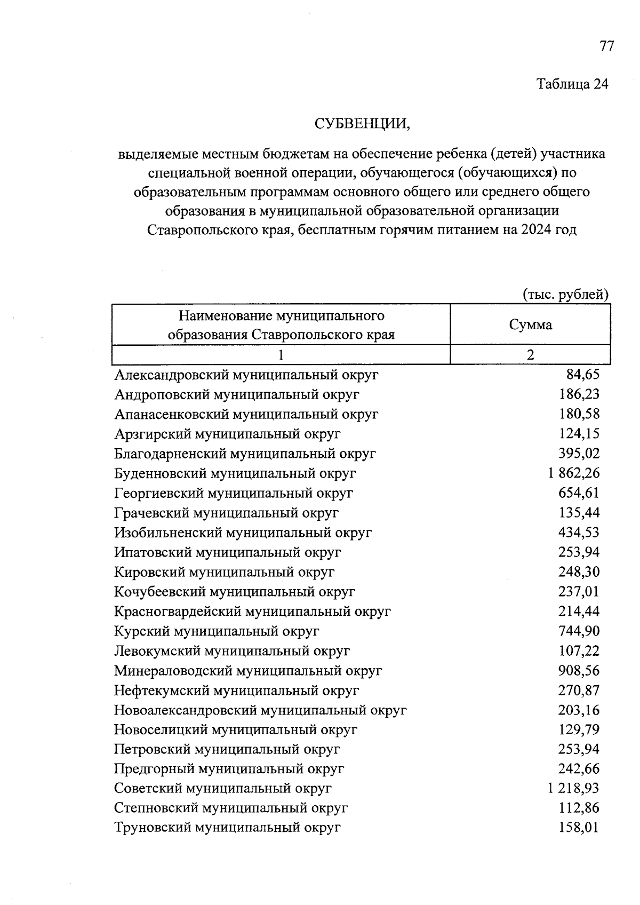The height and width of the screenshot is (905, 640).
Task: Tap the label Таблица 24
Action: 572,84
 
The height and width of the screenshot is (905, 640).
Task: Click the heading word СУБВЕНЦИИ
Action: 362,124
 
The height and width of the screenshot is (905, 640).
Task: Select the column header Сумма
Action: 530,325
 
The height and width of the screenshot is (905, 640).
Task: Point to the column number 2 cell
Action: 530,355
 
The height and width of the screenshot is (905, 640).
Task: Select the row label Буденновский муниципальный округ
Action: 235,473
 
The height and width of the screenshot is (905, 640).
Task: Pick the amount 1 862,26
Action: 573,473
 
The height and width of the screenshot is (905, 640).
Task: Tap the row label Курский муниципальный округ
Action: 217,631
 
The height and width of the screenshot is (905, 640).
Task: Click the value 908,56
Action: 579,671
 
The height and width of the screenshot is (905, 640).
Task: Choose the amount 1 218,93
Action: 573,789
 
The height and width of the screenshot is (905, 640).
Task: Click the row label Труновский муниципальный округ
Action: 227,828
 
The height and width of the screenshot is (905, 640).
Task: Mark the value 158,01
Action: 579,828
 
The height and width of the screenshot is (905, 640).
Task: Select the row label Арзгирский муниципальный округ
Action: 227,434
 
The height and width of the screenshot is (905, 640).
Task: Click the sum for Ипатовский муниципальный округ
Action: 579,552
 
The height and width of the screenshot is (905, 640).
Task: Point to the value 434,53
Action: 579,533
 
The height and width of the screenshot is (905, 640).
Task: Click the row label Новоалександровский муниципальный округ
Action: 260,710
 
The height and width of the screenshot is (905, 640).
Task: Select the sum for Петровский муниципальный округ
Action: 579,749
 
